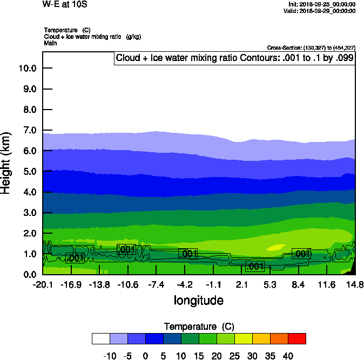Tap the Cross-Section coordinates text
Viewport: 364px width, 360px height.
point(311,48)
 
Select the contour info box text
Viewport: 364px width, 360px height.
point(235,58)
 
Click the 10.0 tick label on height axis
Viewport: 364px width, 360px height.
point(28,69)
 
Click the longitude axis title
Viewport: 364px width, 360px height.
point(198,300)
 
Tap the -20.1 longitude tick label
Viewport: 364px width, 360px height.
point(43,285)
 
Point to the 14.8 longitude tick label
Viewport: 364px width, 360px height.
point(355,285)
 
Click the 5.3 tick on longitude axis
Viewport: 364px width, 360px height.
point(270,285)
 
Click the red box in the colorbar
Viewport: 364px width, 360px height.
point(296,338)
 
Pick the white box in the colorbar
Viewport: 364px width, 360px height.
point(100,338)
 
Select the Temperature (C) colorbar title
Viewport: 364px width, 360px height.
point(198,327)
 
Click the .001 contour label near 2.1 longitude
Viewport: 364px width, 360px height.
point(254,266)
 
